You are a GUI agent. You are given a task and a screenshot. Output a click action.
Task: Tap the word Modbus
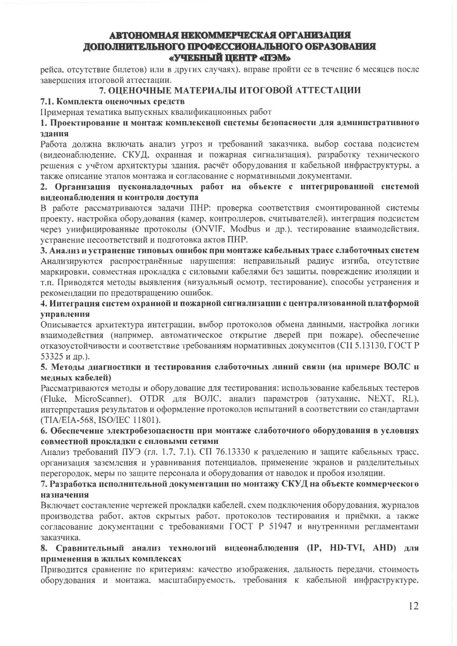click(245, 229)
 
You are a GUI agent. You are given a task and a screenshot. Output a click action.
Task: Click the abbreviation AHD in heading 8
click(384, 548)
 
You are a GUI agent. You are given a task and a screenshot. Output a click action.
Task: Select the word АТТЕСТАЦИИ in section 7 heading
click(322, 90)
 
